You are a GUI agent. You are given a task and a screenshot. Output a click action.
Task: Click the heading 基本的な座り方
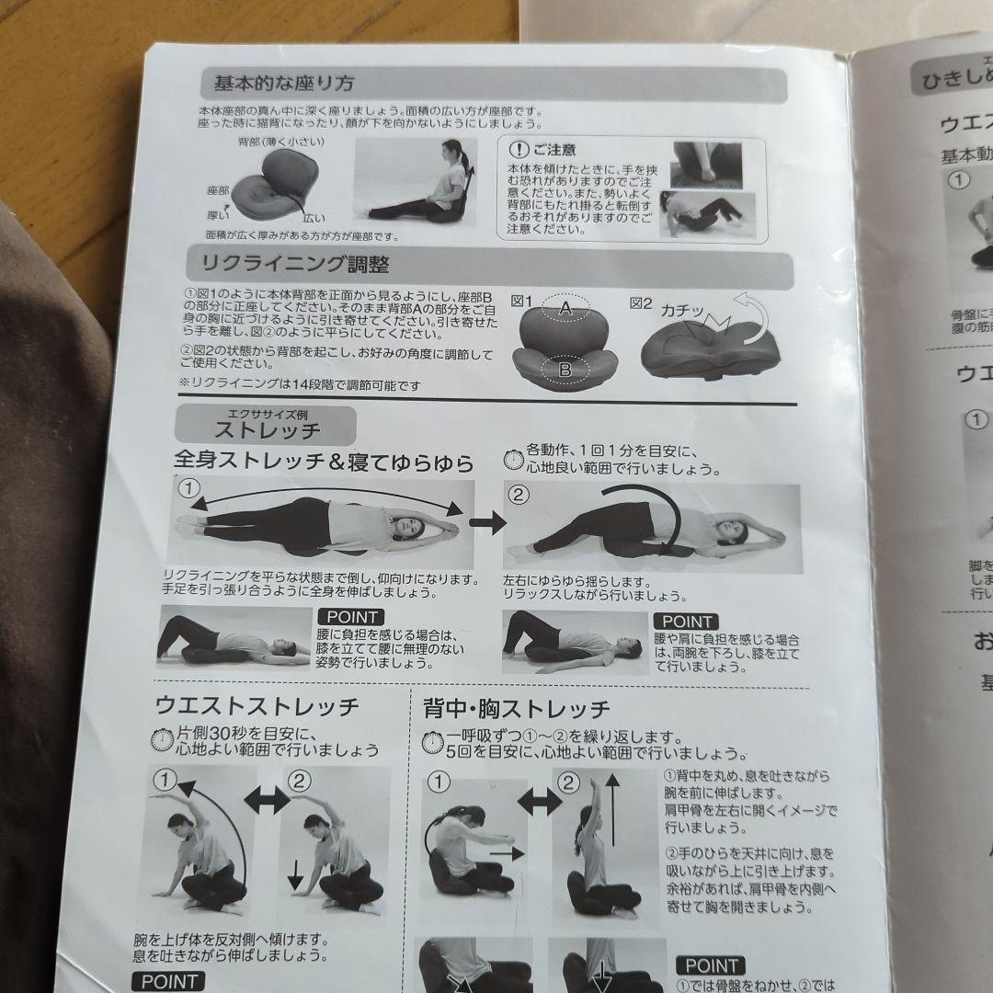click(x=284, y=84)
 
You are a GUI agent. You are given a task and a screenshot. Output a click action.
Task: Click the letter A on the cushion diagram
click(x=566, y=312)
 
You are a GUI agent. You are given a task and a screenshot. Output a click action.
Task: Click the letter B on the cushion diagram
click(x=565, y=370)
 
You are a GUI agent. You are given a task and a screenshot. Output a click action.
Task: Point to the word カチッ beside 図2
click(x=680, y=312)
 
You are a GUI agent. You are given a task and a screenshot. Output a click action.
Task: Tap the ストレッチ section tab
click(x=267, y=428)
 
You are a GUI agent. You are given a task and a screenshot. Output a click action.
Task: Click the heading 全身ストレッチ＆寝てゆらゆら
click(x=324, y=462)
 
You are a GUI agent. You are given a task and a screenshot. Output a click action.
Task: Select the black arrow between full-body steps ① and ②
click(x=486, y=522)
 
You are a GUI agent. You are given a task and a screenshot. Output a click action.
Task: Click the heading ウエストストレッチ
click(x=257, y=706)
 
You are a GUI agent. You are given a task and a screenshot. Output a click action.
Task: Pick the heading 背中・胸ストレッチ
click(x=516, y=708)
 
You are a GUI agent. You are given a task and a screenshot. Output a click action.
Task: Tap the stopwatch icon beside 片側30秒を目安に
click(x=163, y=739)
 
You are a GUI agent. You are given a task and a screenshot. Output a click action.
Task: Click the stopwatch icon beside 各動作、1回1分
click(x=514, y=457)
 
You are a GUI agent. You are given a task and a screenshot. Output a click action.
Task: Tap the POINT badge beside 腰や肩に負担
click(x=685, y=622)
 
